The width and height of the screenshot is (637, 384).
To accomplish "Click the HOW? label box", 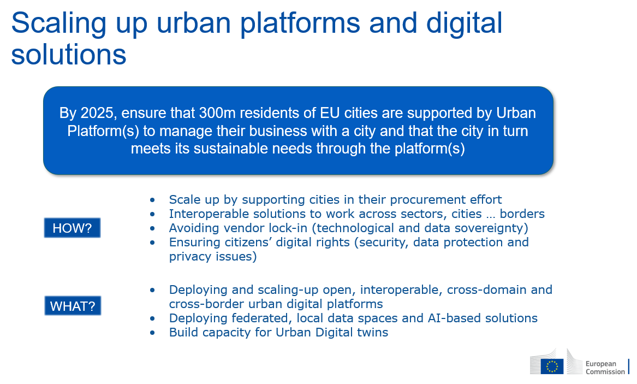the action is click(72, 228).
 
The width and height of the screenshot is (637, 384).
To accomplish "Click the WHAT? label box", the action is click(73, 305).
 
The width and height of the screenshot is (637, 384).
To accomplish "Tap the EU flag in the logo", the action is click(552, 366).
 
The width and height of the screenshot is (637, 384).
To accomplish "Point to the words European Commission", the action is click(605, 367).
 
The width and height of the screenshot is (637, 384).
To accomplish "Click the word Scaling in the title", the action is click(58, 23).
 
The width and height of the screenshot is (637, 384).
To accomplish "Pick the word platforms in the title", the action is click(300, 23).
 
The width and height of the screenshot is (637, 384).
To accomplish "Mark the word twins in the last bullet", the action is click(372, 333).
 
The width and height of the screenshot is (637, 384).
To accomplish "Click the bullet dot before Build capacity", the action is click(152, 333).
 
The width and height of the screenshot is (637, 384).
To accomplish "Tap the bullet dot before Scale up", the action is click(152, 200).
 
